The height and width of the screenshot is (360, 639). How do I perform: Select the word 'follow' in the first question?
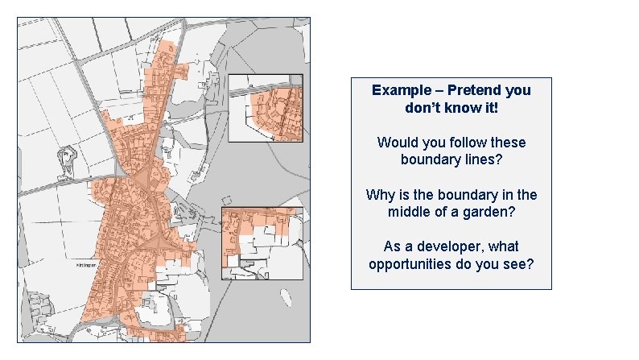455,143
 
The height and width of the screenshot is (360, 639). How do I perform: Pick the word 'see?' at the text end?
517,264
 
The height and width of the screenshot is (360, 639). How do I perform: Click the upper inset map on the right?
266,108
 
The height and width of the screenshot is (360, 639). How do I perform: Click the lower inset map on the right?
262,243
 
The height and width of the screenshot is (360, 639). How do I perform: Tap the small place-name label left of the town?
86,264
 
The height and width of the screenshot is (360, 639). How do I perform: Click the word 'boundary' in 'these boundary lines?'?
429,159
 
